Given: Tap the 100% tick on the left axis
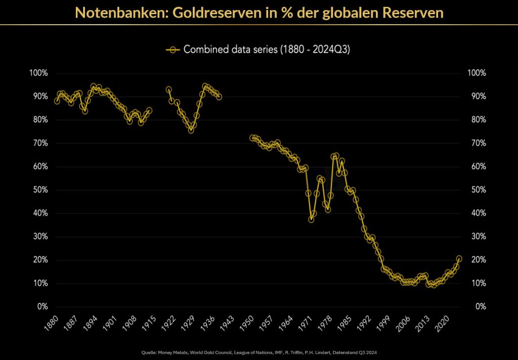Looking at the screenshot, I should click(39, 73).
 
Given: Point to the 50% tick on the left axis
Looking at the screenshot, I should click(40, 190).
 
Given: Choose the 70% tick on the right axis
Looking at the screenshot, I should click(478, 143).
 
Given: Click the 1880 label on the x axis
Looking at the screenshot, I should click(52, 322).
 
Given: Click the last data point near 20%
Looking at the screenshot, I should click(459, 259).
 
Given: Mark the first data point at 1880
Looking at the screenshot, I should click(57, 101).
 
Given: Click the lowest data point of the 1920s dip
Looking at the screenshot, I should click(191, 130).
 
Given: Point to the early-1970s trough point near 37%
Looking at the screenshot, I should click(311, 219).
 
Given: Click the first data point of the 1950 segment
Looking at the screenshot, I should click(252, 138).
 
